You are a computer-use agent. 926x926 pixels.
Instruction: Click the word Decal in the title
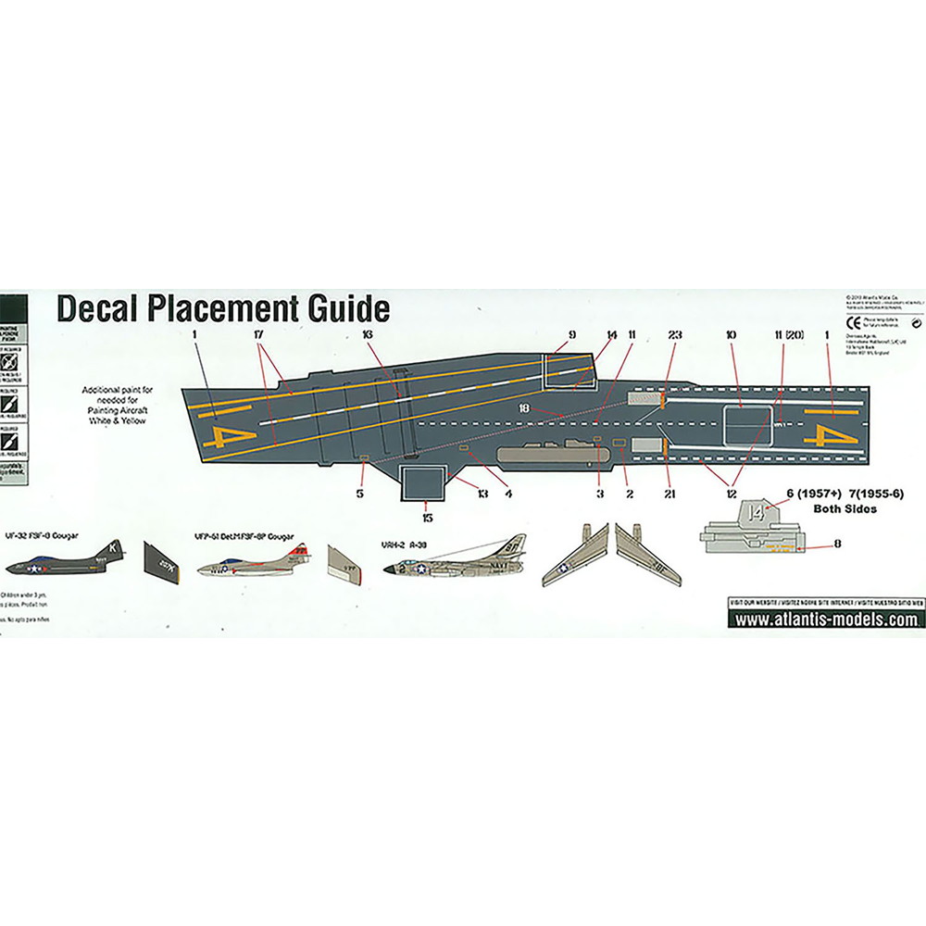click(x=100, y=308)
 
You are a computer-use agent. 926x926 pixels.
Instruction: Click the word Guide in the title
click(x=339, y=308)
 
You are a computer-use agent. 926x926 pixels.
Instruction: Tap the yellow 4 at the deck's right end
click(x=819, y=433)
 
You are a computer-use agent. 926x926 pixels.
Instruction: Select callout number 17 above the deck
click(x=258, y=333)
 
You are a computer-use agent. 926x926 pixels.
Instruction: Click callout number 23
click(x=673, y=333)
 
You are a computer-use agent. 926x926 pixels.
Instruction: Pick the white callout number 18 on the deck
click(x=524, y=407)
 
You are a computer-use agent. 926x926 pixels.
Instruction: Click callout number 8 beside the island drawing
click(x=837, y=544)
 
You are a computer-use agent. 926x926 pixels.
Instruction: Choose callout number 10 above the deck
click(x=732, y=333)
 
